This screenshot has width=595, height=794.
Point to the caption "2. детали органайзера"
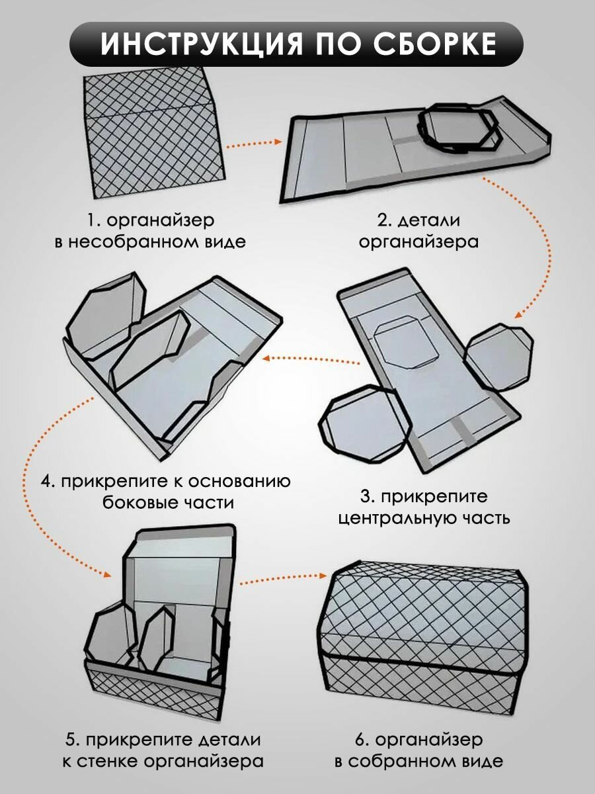418,230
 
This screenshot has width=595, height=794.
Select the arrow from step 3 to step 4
311,359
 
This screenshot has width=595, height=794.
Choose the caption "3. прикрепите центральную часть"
423,506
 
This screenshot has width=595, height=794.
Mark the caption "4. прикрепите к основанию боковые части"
165,491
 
